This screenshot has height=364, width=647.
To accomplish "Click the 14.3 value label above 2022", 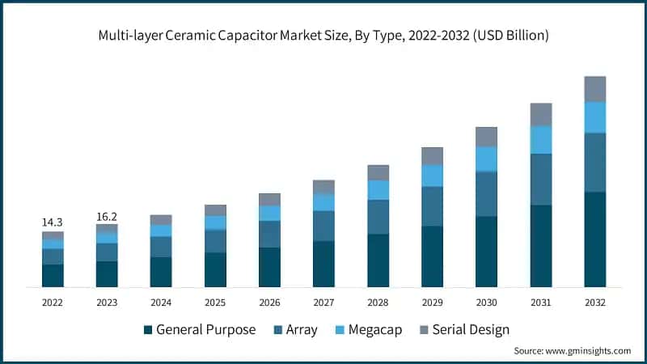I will pos(53,222).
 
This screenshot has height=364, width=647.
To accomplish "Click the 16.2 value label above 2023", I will pos(107,216).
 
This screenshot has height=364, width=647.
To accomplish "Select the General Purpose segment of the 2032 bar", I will pos(594,239).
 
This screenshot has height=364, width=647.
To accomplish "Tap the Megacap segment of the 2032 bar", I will pos(594,117).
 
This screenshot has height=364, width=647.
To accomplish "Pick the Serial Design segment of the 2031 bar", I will pos(540,114).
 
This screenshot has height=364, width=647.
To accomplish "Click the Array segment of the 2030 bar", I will pos(486,194).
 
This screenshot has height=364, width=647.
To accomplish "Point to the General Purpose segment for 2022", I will pos(53,275).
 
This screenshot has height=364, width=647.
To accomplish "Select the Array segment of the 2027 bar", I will pos(323,226).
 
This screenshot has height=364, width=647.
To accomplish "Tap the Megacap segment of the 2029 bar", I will pos(432,176).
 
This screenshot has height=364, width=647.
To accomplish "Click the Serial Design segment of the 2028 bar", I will pos(378,172).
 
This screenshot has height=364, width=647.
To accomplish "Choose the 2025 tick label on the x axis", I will pos(215,302).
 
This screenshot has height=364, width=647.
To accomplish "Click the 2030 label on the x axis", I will pos(486,302).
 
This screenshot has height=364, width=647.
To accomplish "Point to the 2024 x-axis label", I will pos(161,302).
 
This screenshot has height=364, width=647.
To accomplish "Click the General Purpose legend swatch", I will pos(148,330).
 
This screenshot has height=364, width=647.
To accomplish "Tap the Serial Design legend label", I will pos(471,330).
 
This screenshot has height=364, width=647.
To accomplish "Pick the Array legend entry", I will pos(299,330).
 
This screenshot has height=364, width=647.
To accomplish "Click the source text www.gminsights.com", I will pos(590,351).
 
